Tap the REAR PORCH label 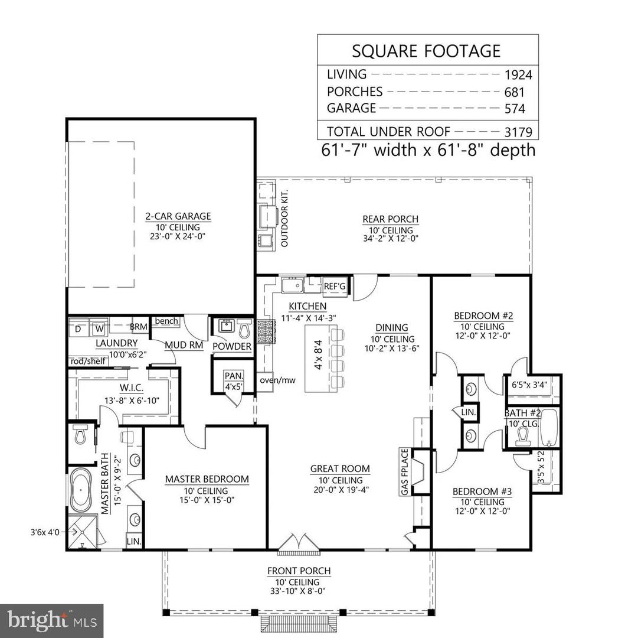point(390,219)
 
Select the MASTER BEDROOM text point(207,479)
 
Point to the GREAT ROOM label point(340,468)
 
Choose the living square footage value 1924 point(518,75)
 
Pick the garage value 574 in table point(514,109)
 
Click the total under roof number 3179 point(518,132)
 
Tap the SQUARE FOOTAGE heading point(427,51)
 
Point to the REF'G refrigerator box point(335,286)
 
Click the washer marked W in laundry point(100,327)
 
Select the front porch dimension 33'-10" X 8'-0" point(299,591)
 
